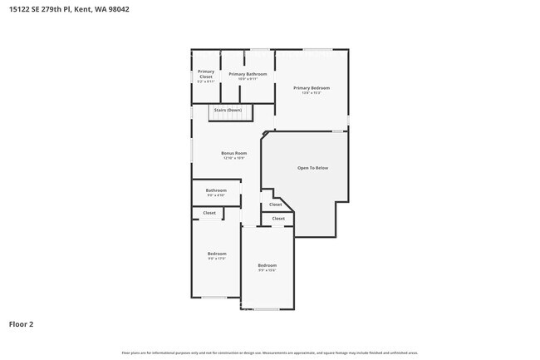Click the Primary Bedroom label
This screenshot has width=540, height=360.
(312, 87)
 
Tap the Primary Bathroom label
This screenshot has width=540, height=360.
(248, 74)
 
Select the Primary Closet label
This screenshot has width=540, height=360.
(205, 75)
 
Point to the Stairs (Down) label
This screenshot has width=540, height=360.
(228, 110)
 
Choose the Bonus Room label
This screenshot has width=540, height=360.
(233, 153)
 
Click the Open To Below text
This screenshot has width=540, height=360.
(312, 168)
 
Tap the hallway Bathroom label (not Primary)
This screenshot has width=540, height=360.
(216, 190)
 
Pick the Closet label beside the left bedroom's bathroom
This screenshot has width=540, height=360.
(209, 213)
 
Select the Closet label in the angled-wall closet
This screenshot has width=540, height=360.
(276, 205)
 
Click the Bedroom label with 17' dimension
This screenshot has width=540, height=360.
(216, 253)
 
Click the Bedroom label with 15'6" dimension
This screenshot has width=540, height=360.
(267, 265)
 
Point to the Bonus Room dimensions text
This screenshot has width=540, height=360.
(233, 158)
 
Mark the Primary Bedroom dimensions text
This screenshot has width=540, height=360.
(312, 93)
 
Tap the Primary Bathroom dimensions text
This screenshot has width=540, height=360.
(248, 79)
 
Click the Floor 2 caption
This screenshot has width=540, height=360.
(21, 324)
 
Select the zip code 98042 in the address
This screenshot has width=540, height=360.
(117, 9)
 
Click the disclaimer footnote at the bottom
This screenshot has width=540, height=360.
(269, 353)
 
